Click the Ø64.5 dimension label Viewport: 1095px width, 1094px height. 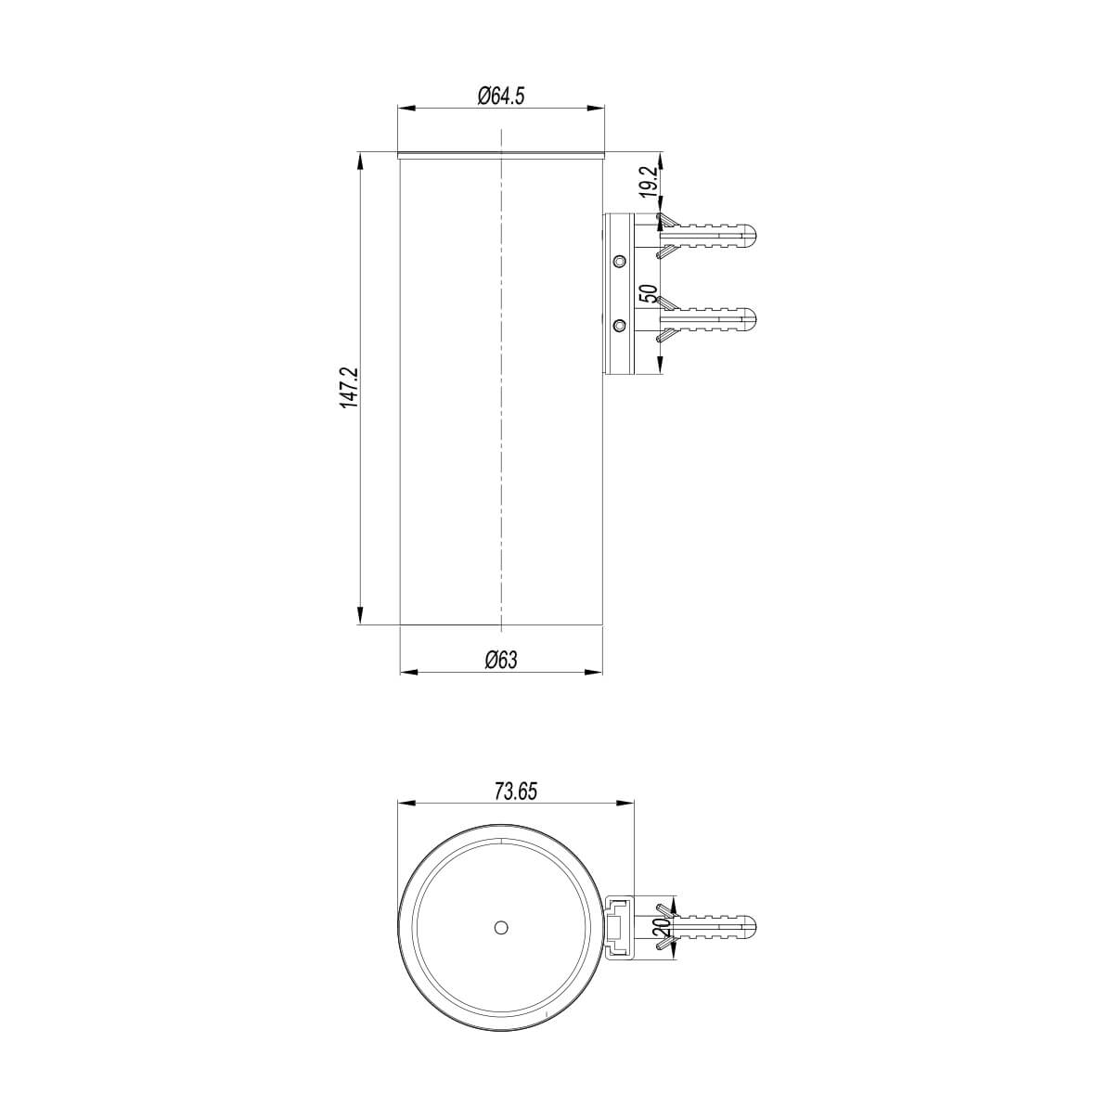[501, 96]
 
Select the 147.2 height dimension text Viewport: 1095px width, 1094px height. [349, 388]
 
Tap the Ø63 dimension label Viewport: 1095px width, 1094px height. [501, 659]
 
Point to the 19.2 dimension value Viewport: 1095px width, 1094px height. [649, 180]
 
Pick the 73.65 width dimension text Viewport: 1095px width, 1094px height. [516, 791]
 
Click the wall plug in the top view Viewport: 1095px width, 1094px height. [710, 925]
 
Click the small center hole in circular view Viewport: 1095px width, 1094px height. [501, 926]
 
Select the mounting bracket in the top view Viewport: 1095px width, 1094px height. [619, 926]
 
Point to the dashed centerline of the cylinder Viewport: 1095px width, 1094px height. [501, 390]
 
